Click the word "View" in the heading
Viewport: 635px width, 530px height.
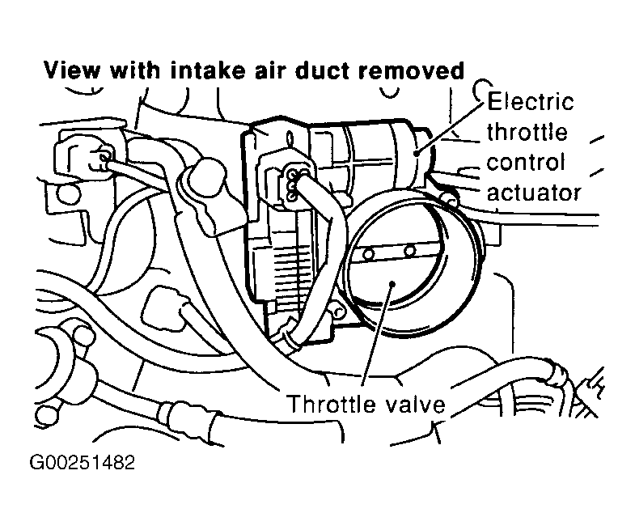72,70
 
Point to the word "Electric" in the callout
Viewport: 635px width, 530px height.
530,102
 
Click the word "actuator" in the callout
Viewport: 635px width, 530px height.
534,193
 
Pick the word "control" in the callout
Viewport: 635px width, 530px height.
526,163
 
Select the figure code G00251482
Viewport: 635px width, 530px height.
82,462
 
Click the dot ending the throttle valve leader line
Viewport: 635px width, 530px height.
392,284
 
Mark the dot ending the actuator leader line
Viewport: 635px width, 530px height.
417,153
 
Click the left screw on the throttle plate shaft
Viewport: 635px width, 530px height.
368,254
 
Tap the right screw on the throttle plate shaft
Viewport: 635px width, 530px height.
410,251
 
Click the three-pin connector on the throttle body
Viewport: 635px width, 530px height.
292,184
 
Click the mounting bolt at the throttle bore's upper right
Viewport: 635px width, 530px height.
449,198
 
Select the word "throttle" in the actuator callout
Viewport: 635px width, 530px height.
527,132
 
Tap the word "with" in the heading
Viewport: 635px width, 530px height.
135,70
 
